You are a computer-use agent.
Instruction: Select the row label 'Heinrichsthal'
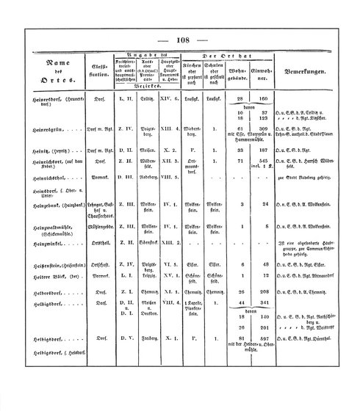pos(43,197)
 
